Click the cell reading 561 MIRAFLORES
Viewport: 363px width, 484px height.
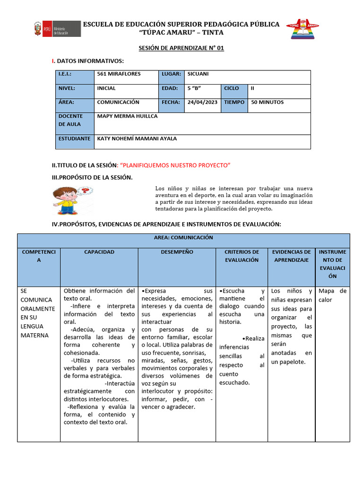pos(119,74)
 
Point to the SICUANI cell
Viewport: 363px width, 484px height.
pos(198,74)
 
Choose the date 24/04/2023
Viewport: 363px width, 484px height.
pos(202,102)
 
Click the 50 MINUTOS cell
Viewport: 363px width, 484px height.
pos(268,102)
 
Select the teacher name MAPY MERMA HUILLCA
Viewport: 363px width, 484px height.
pos(127,116)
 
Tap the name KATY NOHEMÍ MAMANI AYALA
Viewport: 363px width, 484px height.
pos(137,138)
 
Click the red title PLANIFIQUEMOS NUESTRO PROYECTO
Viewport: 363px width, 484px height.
pos(175,164)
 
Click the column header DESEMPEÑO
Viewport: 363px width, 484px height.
pos(177,252)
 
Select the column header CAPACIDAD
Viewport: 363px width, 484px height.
pos(99,252)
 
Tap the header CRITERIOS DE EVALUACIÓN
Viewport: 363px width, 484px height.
pos(242,256)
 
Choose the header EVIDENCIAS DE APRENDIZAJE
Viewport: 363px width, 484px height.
pos(292,256)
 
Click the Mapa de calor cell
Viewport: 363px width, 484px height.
pos(332,295)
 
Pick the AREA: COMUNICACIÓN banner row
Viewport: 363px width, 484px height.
pos(183,238)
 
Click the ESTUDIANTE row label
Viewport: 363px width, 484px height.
pos(74,138)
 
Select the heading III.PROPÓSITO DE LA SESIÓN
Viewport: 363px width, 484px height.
pos(92,177)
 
